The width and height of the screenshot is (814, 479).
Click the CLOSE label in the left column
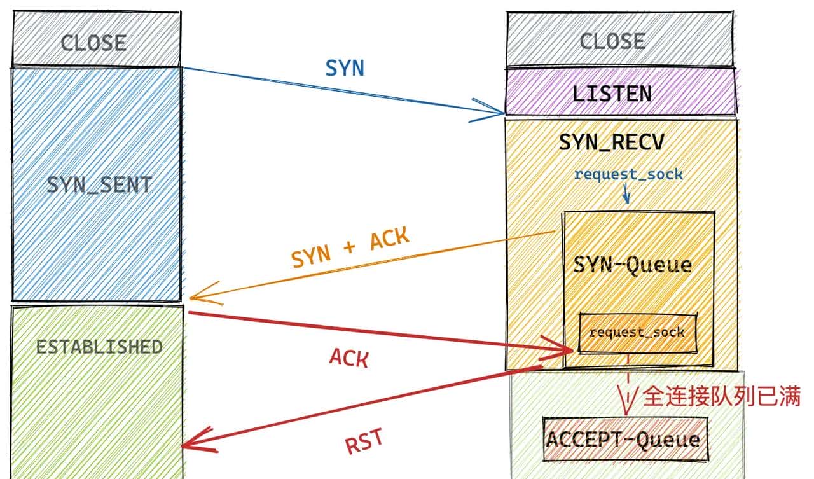[93, 43]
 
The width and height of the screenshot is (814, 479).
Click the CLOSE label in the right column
[612, 42]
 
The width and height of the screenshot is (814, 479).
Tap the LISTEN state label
[612, 94]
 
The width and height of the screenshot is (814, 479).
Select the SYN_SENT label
[99, 185]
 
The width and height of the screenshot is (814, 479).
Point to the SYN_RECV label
[611, 142]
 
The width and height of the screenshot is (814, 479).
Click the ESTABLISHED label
[99, 347]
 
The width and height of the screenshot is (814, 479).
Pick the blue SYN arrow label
[345, 69]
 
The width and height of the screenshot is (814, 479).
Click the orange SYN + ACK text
[350, 249]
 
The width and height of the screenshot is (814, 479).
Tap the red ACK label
[349, 358]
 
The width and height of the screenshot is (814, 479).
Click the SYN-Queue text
[632, 264]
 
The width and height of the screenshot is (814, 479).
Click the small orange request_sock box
[637, 332]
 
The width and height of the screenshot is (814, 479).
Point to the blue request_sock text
[628, 174]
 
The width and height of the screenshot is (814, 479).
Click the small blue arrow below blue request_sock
[626, 194]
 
